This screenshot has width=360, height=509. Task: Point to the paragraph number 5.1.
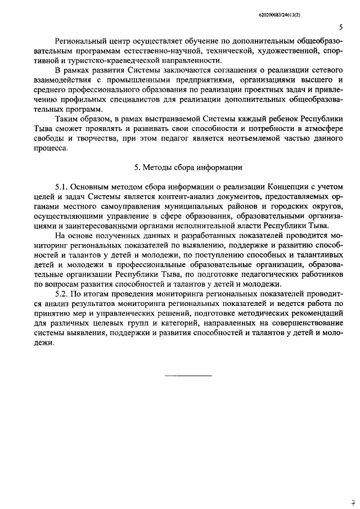[62, 186]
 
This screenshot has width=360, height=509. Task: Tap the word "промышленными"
[147, 82]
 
